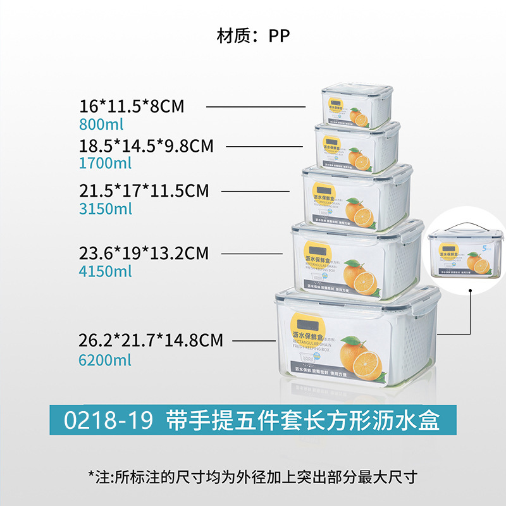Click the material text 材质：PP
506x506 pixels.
coord(253,35)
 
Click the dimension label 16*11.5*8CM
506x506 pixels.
coord(132,106)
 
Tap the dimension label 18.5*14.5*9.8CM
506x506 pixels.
coord(147,146)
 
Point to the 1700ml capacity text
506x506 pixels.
coord(106,163)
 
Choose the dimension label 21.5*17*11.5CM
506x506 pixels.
coord(144,190)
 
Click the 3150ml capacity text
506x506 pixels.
coord(106,208)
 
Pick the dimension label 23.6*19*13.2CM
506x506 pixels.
coord(144,254)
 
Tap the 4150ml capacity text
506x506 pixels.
coord(106,271)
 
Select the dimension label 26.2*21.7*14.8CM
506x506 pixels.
coord(151,341)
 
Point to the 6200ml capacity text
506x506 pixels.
coord(106,360)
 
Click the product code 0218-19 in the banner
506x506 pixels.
coord(108,420)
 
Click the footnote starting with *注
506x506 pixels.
coord(253,476)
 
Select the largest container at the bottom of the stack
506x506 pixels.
coord(357,342)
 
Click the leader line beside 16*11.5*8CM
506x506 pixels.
coord(259,107)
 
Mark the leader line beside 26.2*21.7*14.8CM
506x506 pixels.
coord(254,342)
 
